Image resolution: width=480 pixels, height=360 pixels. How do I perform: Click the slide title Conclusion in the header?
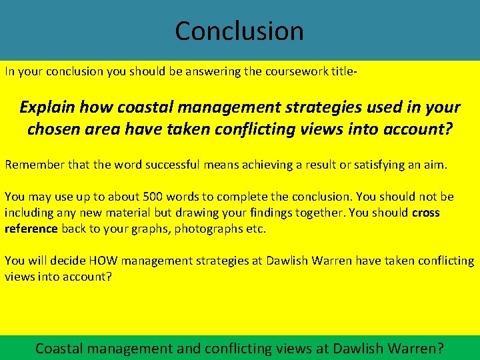239,31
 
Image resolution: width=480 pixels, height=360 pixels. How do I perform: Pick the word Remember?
32,164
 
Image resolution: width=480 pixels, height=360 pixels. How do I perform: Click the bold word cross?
425,213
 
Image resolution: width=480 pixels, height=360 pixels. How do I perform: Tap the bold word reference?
31,229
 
